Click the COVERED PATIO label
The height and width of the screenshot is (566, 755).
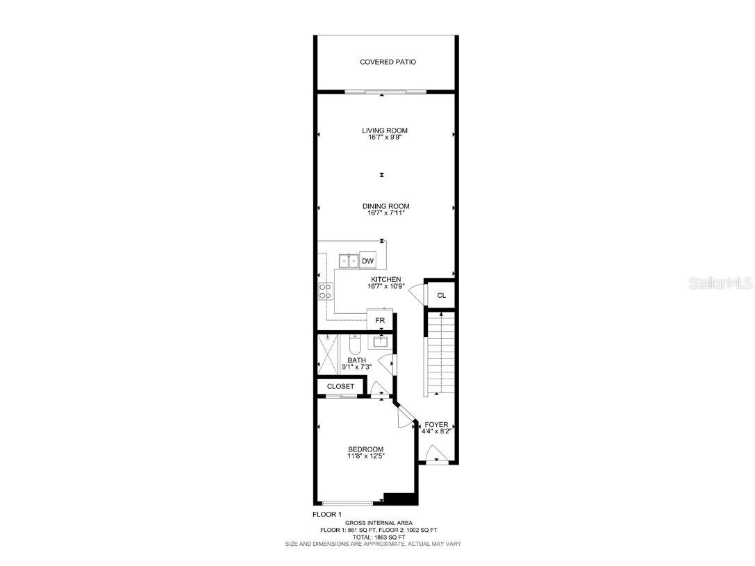tap(388, 62)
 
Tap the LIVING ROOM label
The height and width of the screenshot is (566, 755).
tap(384, 131)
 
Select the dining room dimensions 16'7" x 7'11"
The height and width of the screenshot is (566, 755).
tap(385, 213)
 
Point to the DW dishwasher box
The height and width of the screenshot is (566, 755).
tap(368, 261)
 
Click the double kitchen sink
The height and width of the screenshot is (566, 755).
tap(348, 261)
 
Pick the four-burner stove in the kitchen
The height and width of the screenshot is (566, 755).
tap(325, 290)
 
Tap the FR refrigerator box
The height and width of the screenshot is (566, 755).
tap(380, 320)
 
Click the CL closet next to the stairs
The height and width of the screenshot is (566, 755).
tap(441, 295)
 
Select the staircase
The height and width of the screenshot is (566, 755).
tap(439, 354)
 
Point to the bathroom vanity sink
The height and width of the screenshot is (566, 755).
tap(381, 342)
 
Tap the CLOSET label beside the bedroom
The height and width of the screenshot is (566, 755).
tap(340, 386)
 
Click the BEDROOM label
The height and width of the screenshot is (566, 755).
tap(365, 449)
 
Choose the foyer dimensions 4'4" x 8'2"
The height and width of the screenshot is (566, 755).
tap(438, 431)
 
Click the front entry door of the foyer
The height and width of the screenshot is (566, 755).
tap(435, 458)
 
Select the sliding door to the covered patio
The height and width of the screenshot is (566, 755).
tap(384, 92)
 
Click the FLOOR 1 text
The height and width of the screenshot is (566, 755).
tap(326, 514)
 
